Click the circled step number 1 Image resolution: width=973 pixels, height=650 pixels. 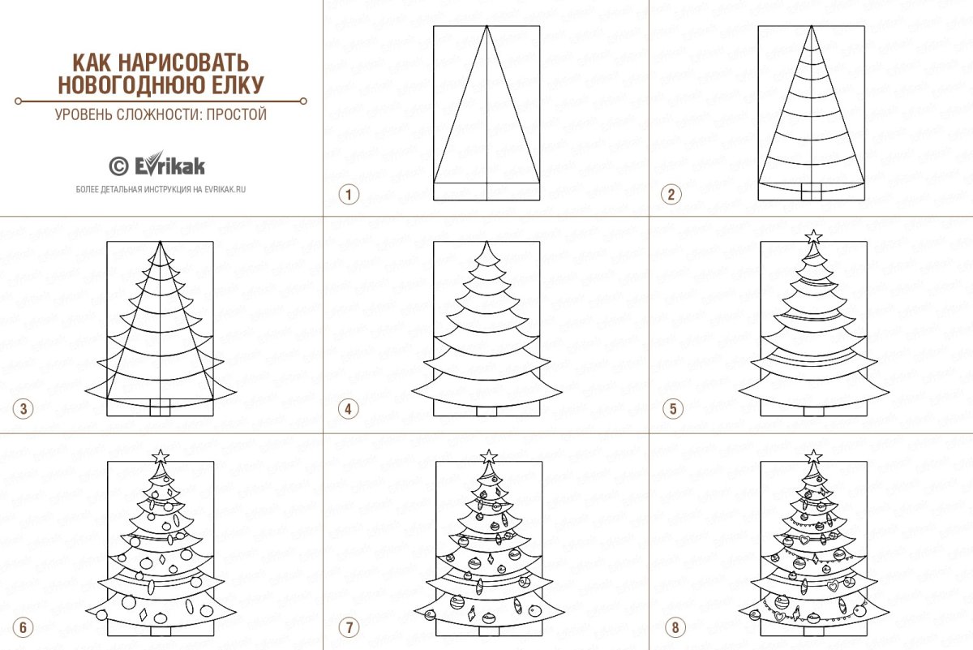349,194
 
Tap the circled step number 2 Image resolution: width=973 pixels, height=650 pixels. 671,194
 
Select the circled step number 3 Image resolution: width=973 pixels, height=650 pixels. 24,409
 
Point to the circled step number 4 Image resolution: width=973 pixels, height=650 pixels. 349,409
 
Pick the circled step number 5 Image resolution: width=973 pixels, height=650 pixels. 673,409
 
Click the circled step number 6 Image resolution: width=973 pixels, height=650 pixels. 24,628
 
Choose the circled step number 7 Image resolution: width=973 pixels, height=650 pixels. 349,628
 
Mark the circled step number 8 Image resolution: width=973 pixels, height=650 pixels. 675,628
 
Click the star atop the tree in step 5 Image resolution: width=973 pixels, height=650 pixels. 813,237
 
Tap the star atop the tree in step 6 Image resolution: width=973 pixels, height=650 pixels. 161,457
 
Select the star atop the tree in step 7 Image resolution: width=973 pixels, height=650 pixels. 489,457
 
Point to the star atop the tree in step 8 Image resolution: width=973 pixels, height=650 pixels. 813,457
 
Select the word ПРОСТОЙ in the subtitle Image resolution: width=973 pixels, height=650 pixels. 236,114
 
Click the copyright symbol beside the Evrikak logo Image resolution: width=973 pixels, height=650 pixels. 118,166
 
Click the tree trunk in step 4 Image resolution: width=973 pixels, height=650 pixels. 486,411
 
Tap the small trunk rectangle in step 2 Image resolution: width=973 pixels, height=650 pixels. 811,192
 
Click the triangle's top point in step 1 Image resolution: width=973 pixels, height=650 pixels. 486,26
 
